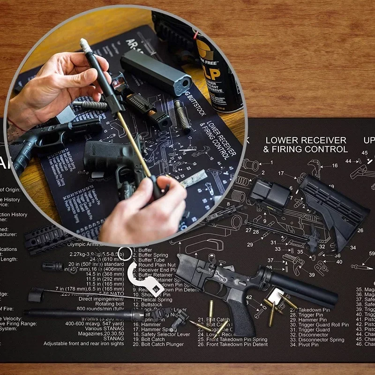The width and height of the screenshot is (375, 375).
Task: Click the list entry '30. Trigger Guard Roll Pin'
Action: tap(319, 324)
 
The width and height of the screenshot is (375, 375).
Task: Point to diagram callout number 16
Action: tap(335, 165)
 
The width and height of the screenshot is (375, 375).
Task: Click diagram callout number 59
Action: tap(372, 254)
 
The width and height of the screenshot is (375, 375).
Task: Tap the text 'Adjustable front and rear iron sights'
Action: tap(85, 344)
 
